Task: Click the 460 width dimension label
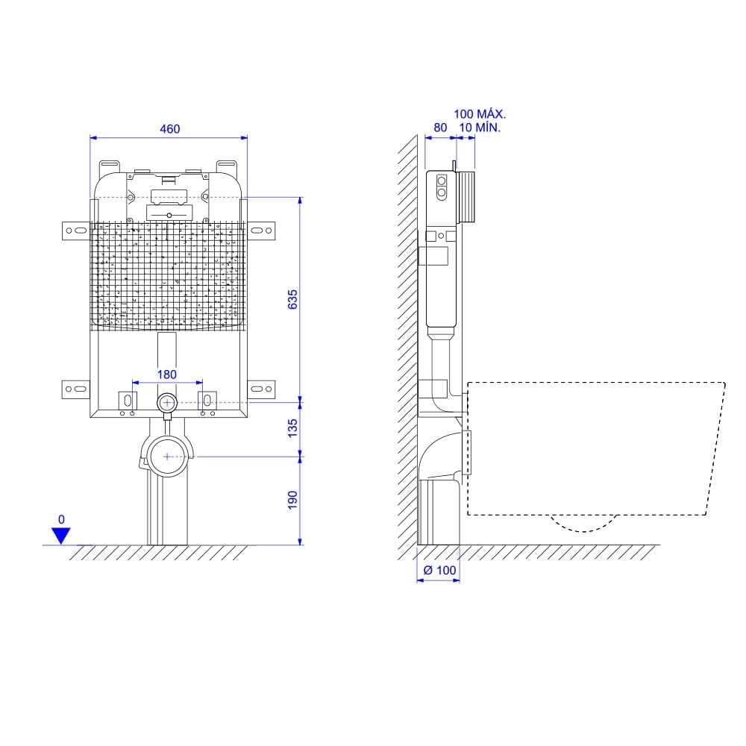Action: [169, 128]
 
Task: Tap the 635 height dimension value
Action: [292, 299]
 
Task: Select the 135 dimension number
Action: [292, 427]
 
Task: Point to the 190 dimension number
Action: [292, 499]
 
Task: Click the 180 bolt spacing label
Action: [166, 374]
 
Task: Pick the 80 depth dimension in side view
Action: [440, 128]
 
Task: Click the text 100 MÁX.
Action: [480, 114]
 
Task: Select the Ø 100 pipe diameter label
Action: [439, 570]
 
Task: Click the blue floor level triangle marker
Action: [60, 535]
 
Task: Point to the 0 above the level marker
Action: [61, 518]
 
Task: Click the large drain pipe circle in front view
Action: [167, 455]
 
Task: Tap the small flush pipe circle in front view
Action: [167, 403]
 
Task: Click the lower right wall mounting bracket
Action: [261, 388]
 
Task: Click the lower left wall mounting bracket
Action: [75, 388]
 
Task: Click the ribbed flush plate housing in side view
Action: [466, 198]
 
